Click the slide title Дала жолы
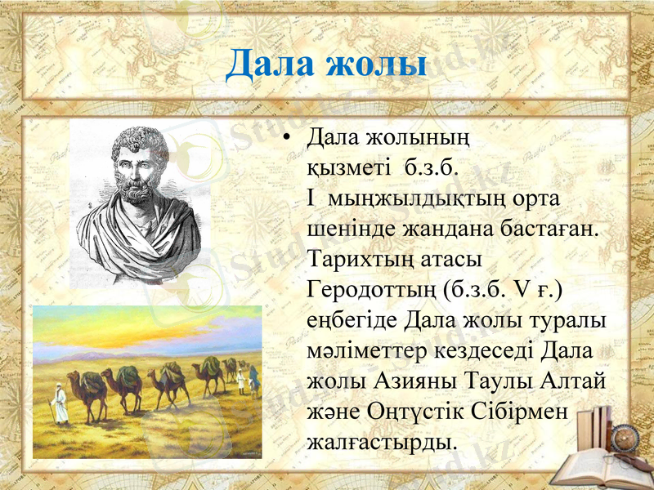pyautogui.click(x=326, y=64)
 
